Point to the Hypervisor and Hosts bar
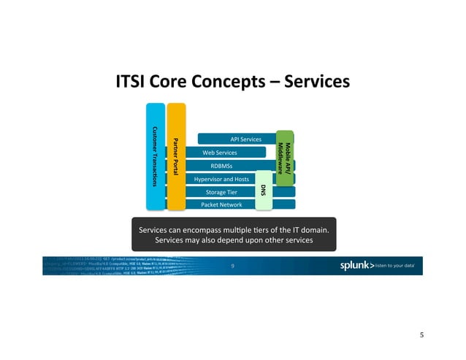point(221,179)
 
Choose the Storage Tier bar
point(221,192)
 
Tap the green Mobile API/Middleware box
point(284,154)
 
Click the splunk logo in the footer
point(357,266)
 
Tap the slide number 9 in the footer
point(232,266)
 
